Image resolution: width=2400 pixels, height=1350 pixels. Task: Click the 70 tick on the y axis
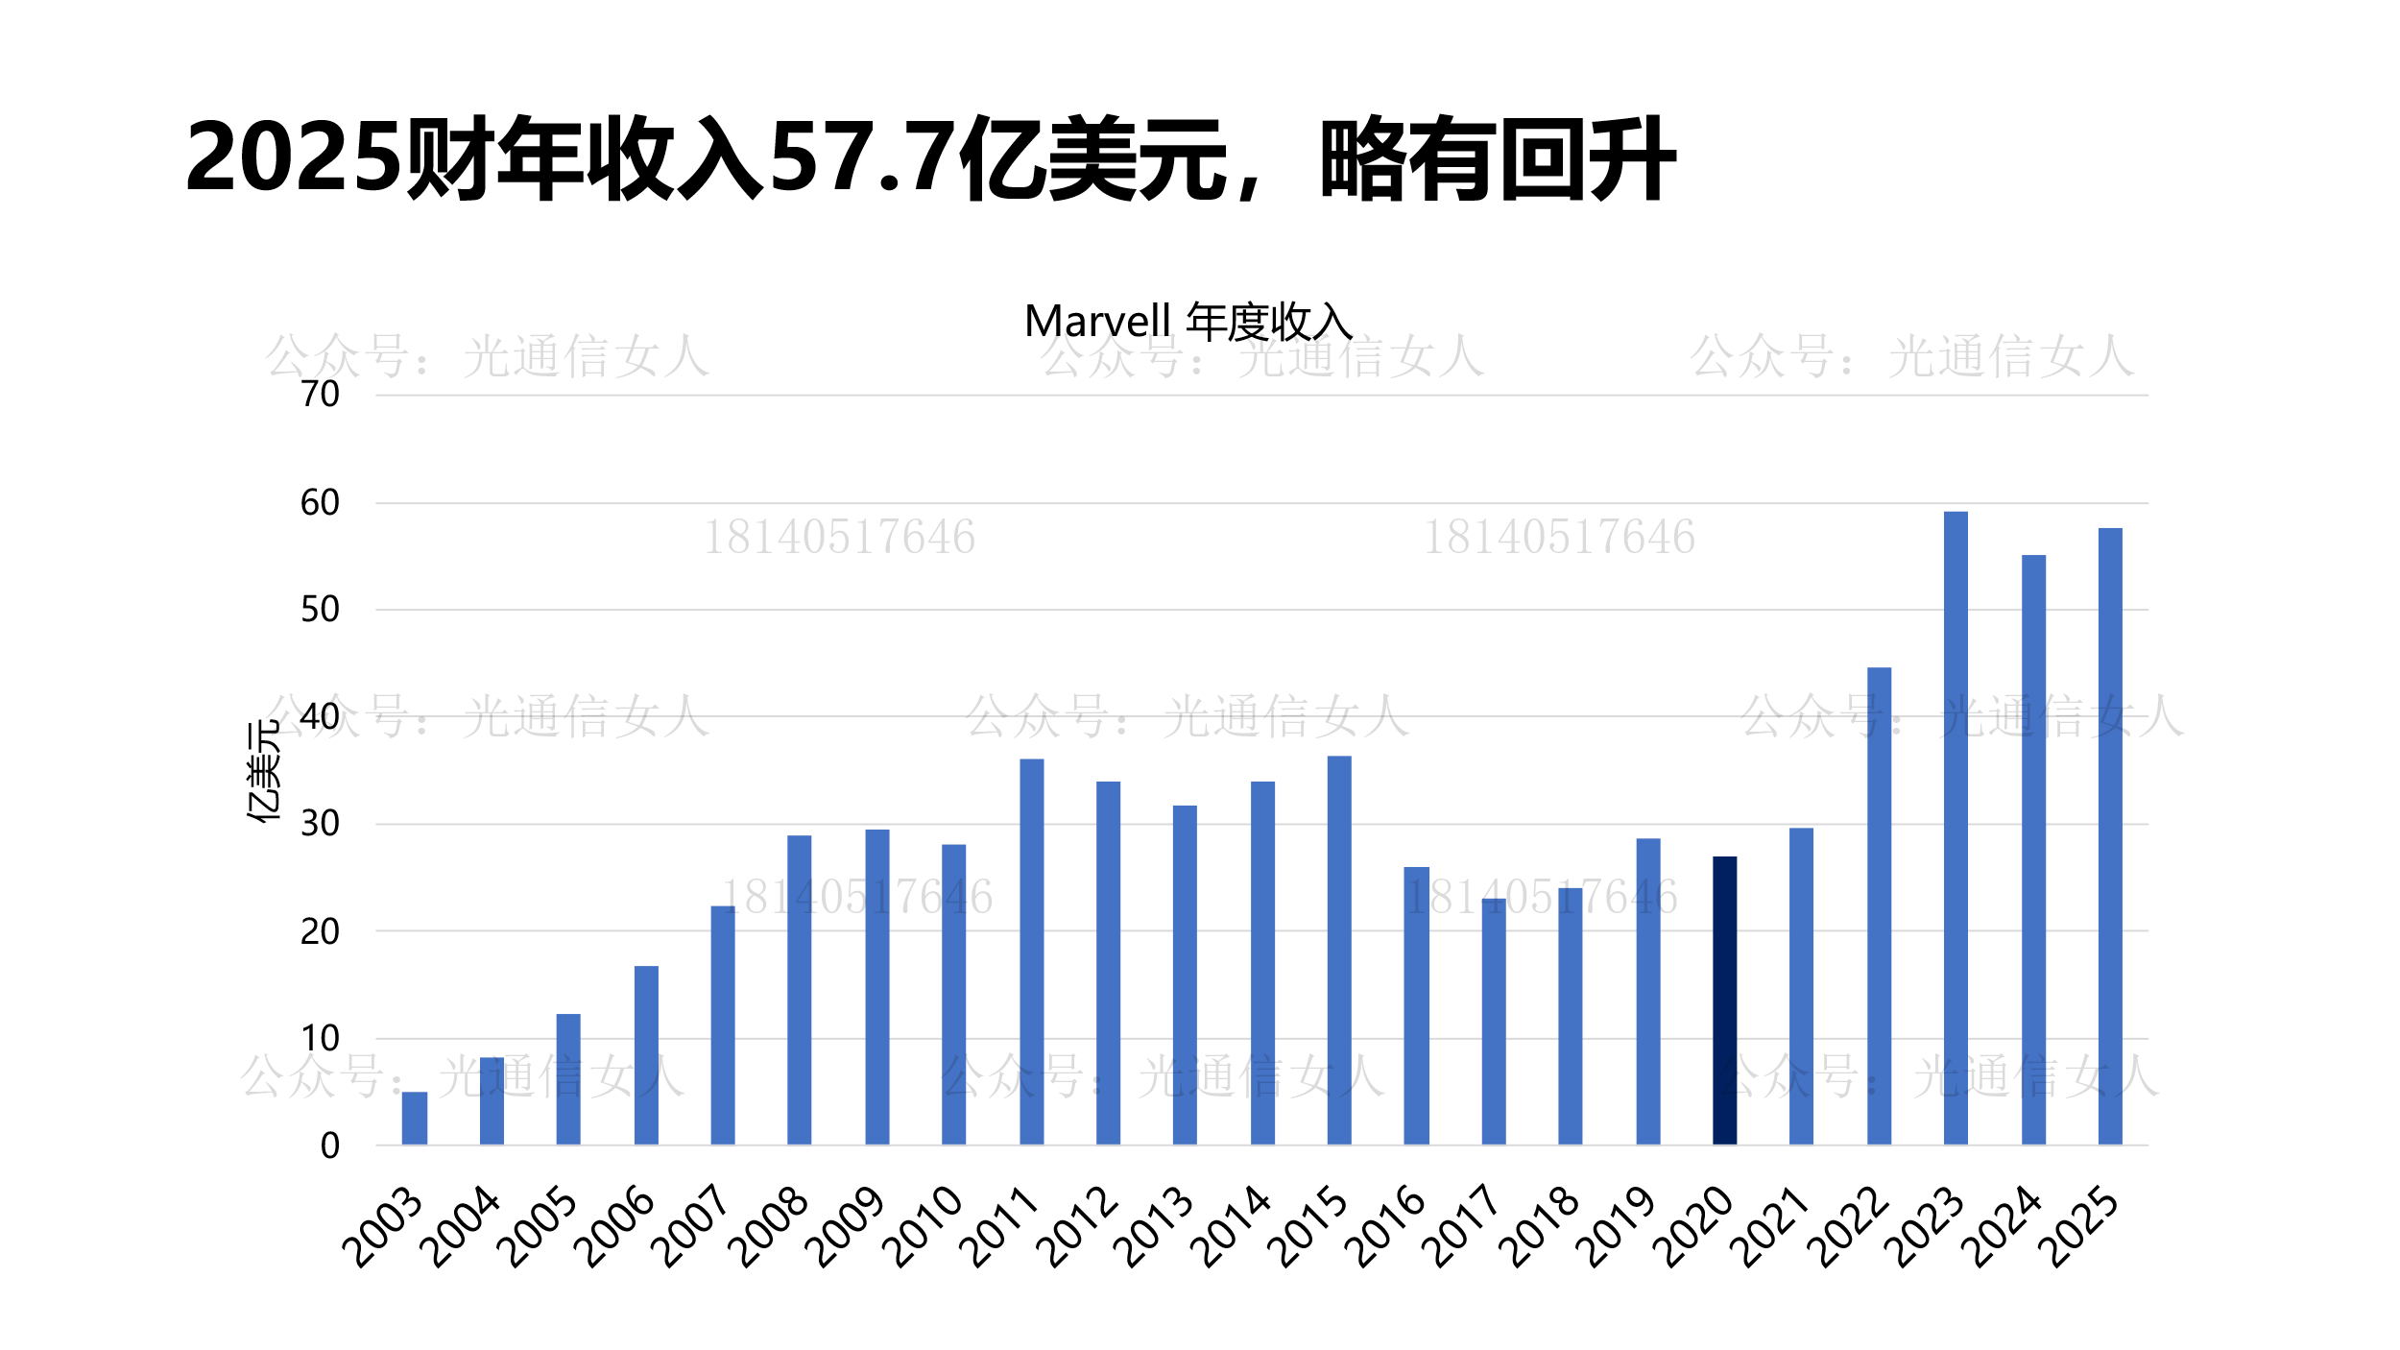[320, 395]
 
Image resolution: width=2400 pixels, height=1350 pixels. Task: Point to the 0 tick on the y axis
[329, 1145]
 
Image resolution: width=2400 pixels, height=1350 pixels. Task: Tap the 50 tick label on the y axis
[320, 610]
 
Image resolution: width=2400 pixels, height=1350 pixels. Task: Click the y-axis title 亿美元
[263, 771]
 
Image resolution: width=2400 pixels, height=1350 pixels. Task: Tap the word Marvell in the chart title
[1097, 322]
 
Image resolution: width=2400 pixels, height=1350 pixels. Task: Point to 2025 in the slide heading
[293, 158]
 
